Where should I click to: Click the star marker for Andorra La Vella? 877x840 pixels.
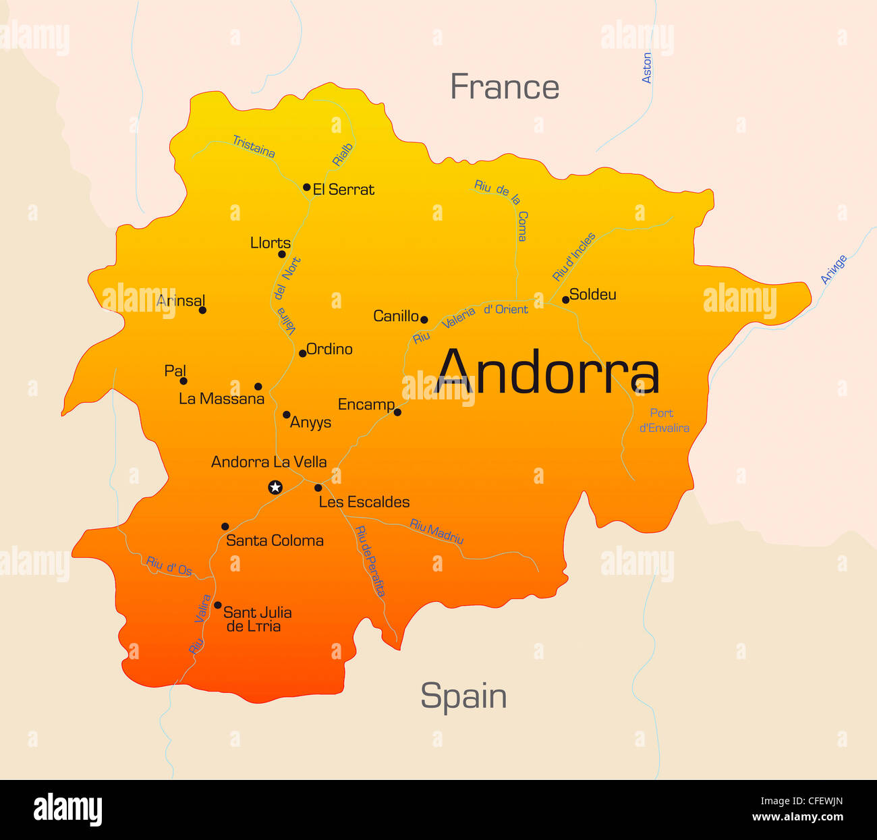click(275, 486)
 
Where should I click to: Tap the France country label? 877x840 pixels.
click(505, 87)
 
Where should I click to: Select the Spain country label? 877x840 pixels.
click(463, 696)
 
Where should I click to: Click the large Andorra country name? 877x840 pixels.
click(547, 372)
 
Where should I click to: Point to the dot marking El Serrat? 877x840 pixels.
click(306, 187)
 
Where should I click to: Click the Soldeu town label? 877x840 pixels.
click(592, 294)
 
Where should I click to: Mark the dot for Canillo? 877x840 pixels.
click(424, 319)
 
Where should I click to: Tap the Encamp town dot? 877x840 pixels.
click(397, 412)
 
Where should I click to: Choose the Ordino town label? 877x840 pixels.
click(329, 349)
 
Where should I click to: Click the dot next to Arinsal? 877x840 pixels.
click(202, 310)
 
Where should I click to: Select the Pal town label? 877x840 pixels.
click(175, 370)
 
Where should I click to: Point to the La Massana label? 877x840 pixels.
click(221, 399)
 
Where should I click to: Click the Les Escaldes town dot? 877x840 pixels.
click(318, 487)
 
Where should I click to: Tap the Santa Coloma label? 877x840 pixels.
click(275, 540)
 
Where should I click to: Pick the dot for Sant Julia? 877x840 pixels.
click(217, 605)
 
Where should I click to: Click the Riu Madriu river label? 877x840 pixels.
click(436, 532)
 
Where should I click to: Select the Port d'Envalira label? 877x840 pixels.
click(664, 420)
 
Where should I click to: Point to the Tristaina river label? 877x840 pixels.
click(254, 146)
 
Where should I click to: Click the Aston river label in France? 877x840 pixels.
click(647, 68)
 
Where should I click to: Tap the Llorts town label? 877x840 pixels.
click(270, 243)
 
